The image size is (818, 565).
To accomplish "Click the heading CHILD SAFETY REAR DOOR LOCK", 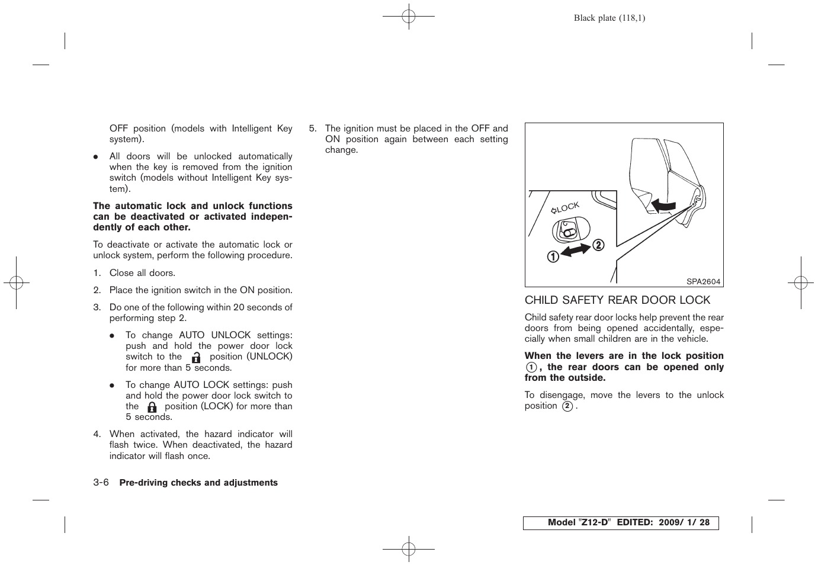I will pyautogui.click(x=617, y=300).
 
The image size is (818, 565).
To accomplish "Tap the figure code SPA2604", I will pyautogui.click(x=703, y=282).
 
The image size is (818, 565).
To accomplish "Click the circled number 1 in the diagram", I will pyautogui.click(x=552, y=256).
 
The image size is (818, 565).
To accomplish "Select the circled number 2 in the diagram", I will pyautogui.click(x=598, y=245).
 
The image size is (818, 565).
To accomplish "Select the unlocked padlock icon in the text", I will pyautogui.click(x=196, y=357).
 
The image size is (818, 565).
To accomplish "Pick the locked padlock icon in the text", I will pyautogui.click(x=152, y=407).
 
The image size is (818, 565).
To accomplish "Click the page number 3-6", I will pyautogui.click(x=101, y=483).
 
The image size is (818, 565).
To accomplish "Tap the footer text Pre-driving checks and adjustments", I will pyautogui.click(x=198, y=483).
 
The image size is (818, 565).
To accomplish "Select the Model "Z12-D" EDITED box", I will pyautogui.click(x=620, y=522).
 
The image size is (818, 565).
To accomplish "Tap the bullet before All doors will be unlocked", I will pyautogui.click(x=95, y=157).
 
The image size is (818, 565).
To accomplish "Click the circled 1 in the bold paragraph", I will pyautogui.click(x=531, y=367).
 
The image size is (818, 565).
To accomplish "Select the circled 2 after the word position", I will pyautogui.click(x=567, y=406).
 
